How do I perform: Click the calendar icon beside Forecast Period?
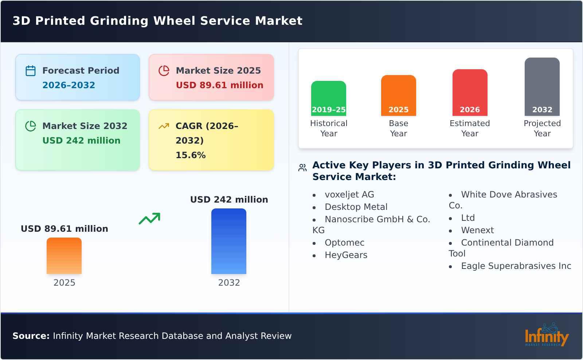coord(31,71)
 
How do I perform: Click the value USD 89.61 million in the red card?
coord(219,85)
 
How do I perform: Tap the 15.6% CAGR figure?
coord(191,155)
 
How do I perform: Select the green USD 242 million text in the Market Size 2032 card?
coord(81,140)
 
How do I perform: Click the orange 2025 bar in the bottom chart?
coord(64,256)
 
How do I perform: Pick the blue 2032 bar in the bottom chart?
coord(229,241)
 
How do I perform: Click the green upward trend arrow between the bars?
coord(149,219)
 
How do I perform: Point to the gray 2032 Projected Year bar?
coord(542,86)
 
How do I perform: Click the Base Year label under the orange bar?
coord(398,128)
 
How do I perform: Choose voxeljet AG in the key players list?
coord(349,195)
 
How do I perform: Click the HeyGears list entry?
coord(346,255)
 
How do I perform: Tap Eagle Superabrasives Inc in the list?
coord(516,266)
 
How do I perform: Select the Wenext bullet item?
coord(477,230)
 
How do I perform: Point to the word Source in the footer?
coord(31,336)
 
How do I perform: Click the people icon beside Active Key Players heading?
coord(302,168)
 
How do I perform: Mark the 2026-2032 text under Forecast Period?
coord(69,85)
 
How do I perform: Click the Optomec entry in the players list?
coord(344,243)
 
